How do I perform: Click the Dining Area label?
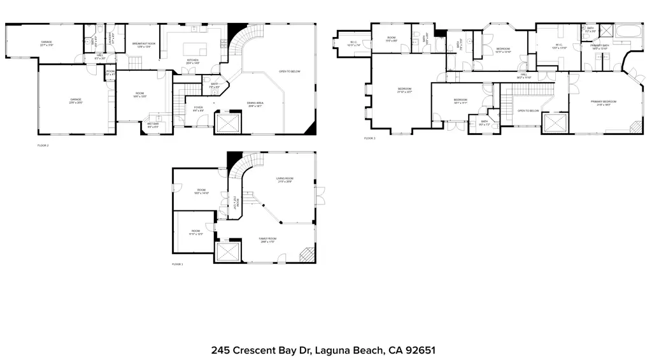[256, 104]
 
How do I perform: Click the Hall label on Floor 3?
[523, 75]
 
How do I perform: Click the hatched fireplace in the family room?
[308, 255]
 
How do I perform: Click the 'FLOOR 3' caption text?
[370, 138]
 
